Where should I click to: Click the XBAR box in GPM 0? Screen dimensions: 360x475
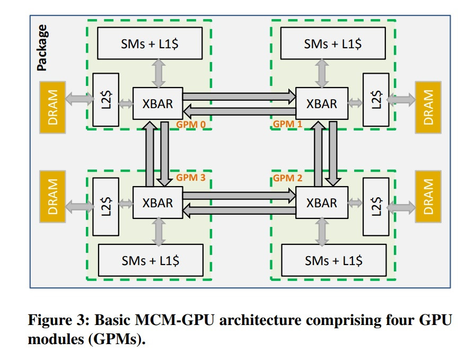point(157,104)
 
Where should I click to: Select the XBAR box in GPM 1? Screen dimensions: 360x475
point(321,104)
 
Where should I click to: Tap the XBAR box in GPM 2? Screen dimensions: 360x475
point(321,203)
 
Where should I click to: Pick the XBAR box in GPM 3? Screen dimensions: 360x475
point(157,203)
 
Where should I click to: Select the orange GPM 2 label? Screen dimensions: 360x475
point(287,178)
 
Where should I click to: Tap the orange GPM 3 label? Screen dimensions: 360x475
point(190,178)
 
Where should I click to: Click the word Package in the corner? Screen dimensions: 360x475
point(41,48)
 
